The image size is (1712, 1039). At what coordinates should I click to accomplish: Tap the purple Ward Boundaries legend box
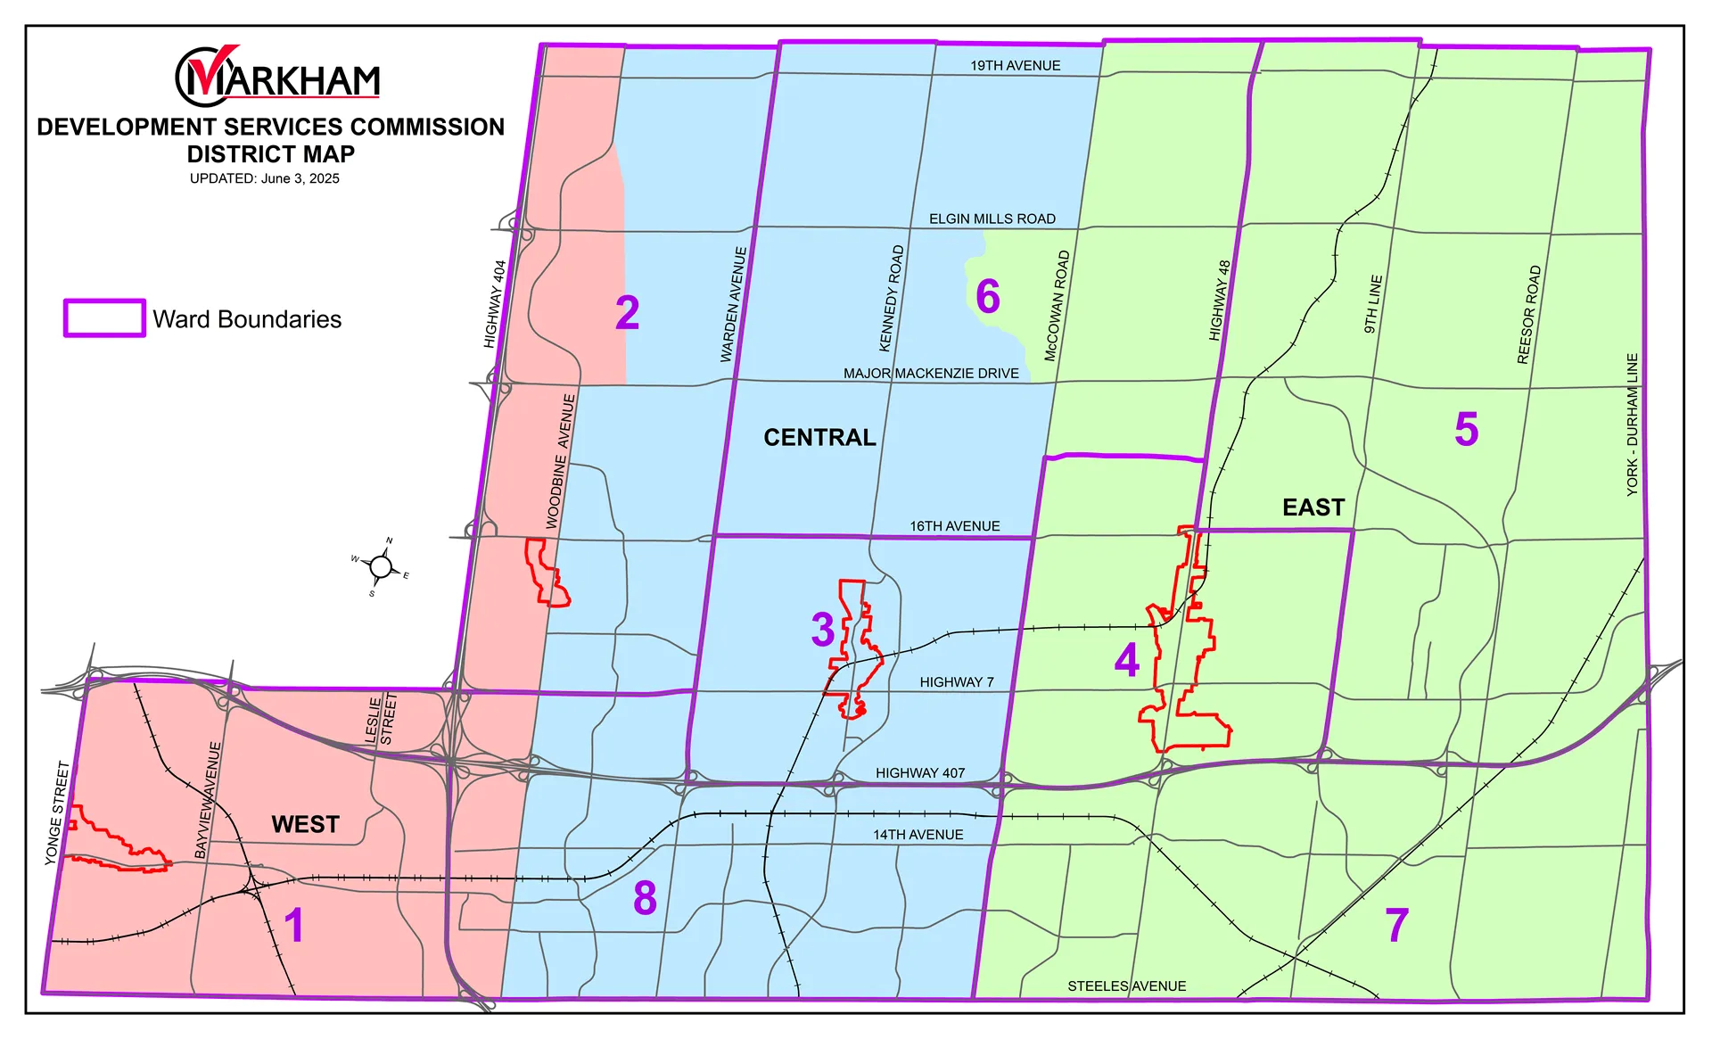click(104, 318)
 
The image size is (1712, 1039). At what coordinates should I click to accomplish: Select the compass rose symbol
click(381, 566)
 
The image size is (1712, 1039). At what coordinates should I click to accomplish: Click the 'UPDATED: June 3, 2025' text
click(264, 178)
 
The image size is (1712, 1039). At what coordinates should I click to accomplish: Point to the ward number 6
click(987, 297)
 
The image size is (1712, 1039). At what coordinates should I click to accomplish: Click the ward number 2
click(627, 313)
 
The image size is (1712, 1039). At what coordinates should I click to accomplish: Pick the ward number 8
click(645, 898)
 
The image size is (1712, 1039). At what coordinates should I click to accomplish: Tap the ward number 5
click(1466, 430)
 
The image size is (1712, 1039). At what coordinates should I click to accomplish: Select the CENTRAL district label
click(819, 437)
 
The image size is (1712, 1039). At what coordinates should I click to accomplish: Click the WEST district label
click(305, 824)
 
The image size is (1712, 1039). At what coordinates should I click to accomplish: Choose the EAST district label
click(1313, 507)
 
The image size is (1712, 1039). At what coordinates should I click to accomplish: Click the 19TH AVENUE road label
click(1015, 66)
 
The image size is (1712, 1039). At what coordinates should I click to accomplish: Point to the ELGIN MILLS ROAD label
click(992, 219)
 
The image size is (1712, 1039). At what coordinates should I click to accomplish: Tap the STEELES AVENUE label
click(1126, 985)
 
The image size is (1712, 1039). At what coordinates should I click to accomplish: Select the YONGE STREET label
click(57, 812)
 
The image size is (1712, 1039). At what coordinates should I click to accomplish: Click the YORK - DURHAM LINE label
click(1632, 425)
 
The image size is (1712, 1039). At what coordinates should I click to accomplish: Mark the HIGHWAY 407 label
click(919, 773)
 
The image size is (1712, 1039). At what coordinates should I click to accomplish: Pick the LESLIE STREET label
click(381, 719)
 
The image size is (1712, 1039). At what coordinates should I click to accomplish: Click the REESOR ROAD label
click(1528, 315)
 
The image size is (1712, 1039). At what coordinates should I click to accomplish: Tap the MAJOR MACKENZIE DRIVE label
click(930, 373)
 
